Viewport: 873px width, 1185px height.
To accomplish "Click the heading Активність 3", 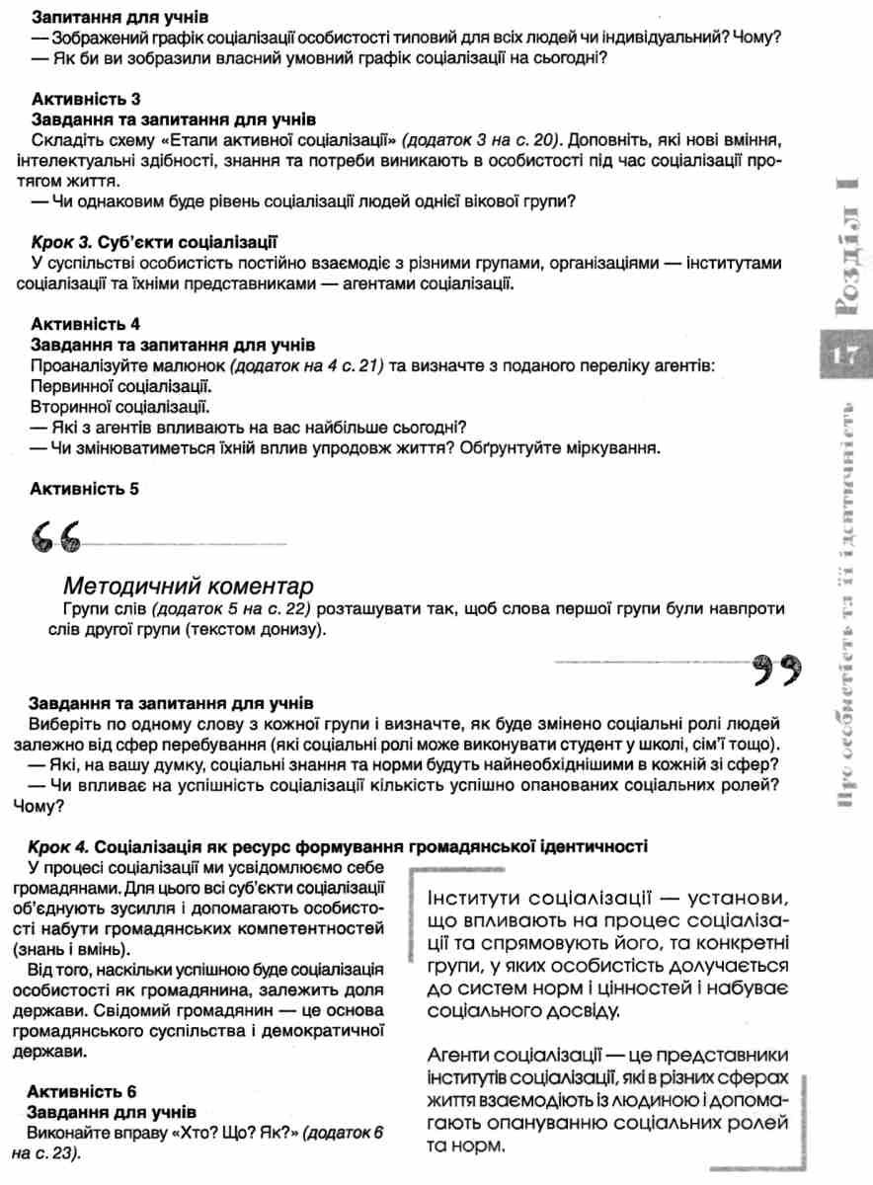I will click(x=86, y=99).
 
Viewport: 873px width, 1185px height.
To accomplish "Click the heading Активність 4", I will click(x=86, y=324).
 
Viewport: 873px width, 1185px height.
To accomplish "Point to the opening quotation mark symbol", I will click(x=49, y=539).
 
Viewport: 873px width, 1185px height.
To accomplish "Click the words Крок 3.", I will click(x=62, y=240).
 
